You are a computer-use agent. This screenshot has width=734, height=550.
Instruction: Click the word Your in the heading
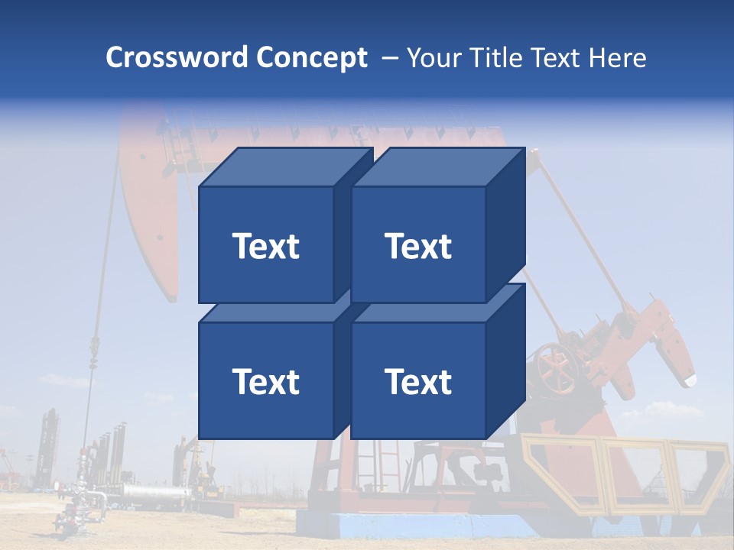tap(434, 57)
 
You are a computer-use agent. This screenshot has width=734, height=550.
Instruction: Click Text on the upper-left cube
tap(265, 246)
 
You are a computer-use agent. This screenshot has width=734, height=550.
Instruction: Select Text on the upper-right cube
tap(418, 246)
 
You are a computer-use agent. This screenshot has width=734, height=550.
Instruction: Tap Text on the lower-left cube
tap(265, 381)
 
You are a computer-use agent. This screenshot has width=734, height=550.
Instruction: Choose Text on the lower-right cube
tap(418, 381)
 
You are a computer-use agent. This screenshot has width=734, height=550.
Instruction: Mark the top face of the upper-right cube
tap(438, 167)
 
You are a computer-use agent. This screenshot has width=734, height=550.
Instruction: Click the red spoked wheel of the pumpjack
tap(556, 366)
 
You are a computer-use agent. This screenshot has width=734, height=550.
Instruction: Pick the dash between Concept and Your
tap(389, 58)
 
